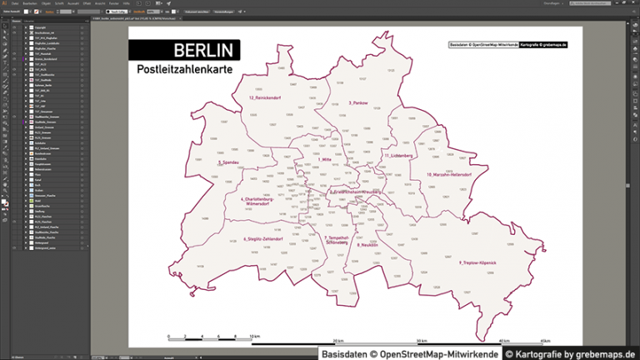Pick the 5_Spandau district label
point(228,162)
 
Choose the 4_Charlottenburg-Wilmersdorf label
point(257,202)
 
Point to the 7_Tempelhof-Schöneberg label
point(337,239)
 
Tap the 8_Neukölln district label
point(367,245)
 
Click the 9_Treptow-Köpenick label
point(477,262)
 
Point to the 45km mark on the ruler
point(545,341)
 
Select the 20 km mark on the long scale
point(338,341)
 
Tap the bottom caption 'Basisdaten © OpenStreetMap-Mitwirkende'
point(411,353)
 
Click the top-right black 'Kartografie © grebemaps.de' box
point(542,44)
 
